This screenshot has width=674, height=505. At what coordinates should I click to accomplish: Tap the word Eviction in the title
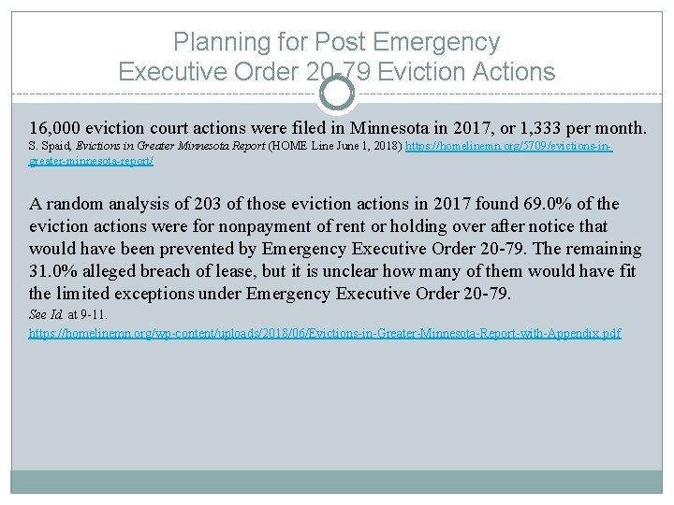[409, 71]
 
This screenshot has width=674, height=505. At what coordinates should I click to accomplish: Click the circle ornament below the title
[337, 93]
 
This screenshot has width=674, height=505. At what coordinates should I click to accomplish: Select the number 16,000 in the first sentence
[54, 126]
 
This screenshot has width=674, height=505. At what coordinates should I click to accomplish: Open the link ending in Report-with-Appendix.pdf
[325, 333]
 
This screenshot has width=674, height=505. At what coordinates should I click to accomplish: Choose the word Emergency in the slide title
[435, 42]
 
